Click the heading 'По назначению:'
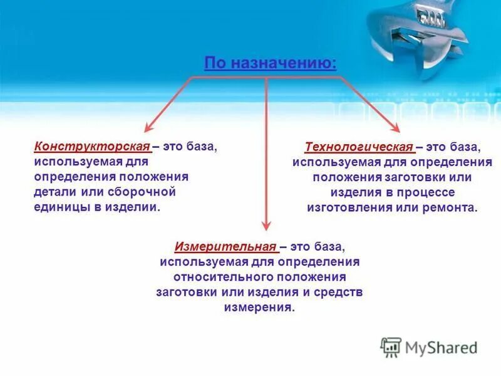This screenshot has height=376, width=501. point(270,63)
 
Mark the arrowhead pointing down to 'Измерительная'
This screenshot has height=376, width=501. point(267,227)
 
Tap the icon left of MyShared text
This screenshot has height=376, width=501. point(391,347)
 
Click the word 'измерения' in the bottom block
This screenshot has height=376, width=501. point(258,307)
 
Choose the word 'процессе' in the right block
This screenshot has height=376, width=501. point(423,192)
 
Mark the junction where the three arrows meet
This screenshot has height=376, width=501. point(267,78)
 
